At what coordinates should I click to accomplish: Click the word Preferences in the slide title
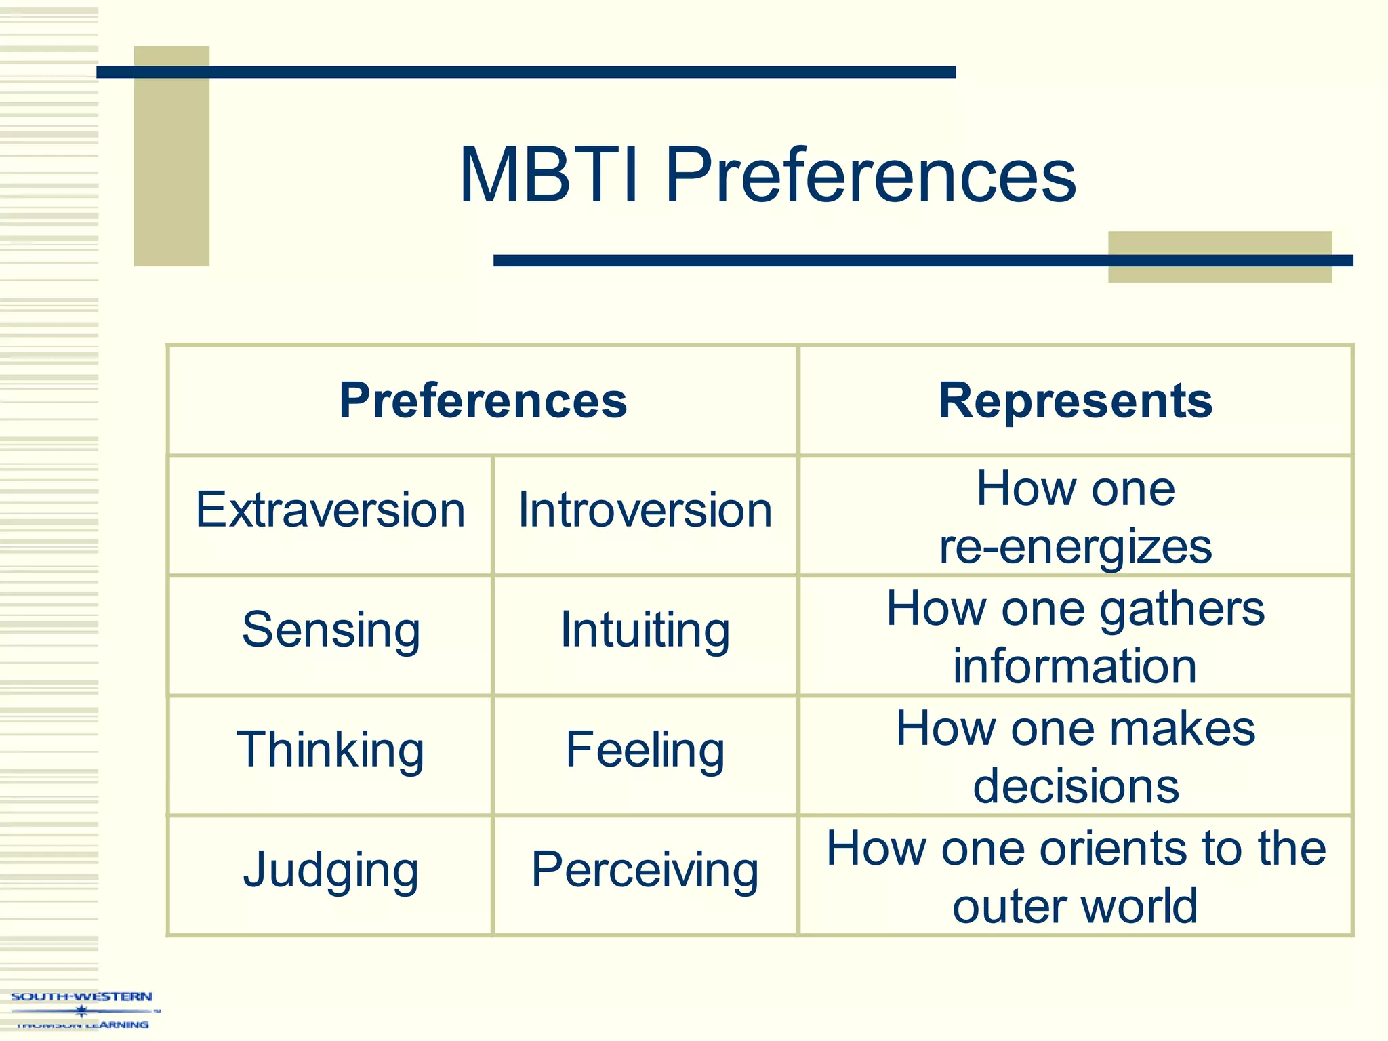click(870, 176)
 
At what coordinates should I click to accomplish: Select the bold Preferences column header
click(483, 401)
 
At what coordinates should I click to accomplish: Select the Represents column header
click(1075, 401)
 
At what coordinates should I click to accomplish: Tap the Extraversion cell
click(330, 510)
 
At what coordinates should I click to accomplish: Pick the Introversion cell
click(645, 510)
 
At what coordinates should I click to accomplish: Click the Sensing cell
click(331, 630)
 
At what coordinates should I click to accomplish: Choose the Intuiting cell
click(645, 630)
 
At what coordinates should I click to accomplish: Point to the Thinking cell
click(330, 750)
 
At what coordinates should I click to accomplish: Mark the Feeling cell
click(645, 750)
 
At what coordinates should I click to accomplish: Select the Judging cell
click(331, 870)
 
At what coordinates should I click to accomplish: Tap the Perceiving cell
click(645, 870)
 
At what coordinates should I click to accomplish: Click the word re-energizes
click(1075, 546)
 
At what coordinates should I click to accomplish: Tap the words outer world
click(1075, 906)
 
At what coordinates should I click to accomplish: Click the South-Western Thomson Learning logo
click(81, 1010)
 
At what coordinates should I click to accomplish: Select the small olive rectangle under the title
click(1219, 271)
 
